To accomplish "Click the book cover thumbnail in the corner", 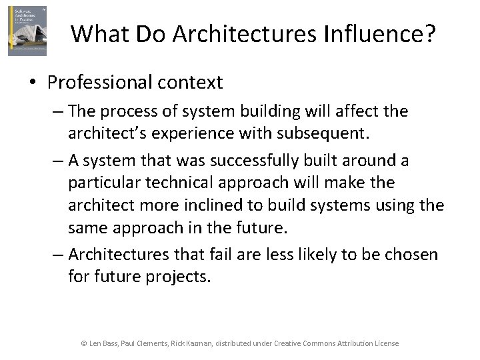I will coord(27,31).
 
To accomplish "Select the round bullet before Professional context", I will coord(32,83).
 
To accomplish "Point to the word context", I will coord(193,83).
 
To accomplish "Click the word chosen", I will coord(411,254).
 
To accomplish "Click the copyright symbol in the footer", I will coord(84,343).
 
